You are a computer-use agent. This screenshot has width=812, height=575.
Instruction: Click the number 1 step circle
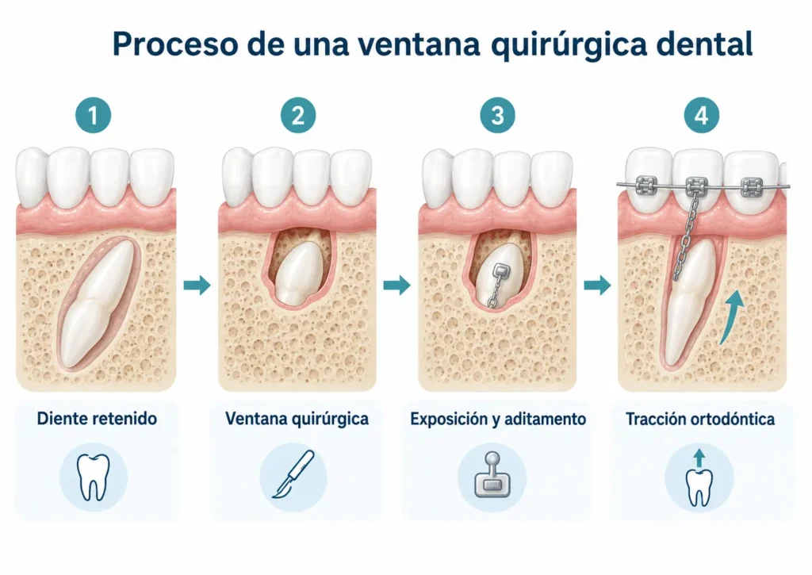click(x=94, y=115)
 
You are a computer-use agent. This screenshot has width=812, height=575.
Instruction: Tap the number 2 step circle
click(x=298, y=115)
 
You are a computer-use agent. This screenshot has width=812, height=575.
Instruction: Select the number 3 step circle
click(x=498, y=115)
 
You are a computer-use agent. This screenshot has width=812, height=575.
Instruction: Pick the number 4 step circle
click(x=702, y=115)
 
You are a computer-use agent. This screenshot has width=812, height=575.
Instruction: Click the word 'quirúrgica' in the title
click(x=569, y=44)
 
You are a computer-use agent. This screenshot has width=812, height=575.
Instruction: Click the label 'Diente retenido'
click(x=97, y=419)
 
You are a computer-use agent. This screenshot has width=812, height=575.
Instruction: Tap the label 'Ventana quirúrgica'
click(x=297, y=419)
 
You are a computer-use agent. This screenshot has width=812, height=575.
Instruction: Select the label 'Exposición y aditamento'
click(x=498, y=419)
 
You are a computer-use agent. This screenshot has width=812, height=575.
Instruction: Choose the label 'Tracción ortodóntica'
click(x=700, y=419)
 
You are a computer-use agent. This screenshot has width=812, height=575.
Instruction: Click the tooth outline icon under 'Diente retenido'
click(x=94, y=477)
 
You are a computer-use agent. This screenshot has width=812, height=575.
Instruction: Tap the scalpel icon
click(x=293, y=474)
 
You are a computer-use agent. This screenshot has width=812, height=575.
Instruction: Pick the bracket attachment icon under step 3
click(x=492, y=474)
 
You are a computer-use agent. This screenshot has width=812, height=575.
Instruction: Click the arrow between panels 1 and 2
click(x=197, y=285)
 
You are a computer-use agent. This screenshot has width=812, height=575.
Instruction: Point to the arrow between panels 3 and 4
click(x=598, y=285)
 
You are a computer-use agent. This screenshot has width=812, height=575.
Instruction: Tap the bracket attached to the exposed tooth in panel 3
click(x=502, y=271)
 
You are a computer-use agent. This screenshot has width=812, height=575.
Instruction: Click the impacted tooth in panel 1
click(x=97, y=302)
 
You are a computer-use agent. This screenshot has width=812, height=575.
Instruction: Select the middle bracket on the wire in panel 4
click(x=696, y=186)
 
